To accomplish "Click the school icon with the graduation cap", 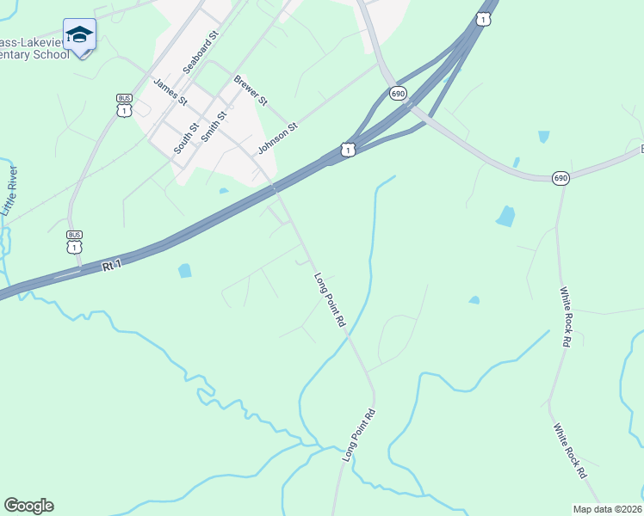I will (79, 36).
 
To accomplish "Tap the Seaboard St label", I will (202, 53).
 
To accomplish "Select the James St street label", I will (170, 91).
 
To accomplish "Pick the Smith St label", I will (214, 126).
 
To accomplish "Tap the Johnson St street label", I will (277, 138).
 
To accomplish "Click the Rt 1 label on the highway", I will (113, 267).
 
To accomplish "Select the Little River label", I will (9, 193).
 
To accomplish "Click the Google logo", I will (28, 506).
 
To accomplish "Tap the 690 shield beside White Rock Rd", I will (560, 178).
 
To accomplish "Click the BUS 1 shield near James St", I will (125, 105).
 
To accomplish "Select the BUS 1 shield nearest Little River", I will (74, 242).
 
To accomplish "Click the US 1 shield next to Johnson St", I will (347, 150).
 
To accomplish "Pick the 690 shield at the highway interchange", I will (397, 93).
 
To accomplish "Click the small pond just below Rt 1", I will (184, 271).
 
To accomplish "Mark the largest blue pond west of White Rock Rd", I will (505, 216).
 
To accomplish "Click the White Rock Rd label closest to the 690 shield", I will (566, 316).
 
